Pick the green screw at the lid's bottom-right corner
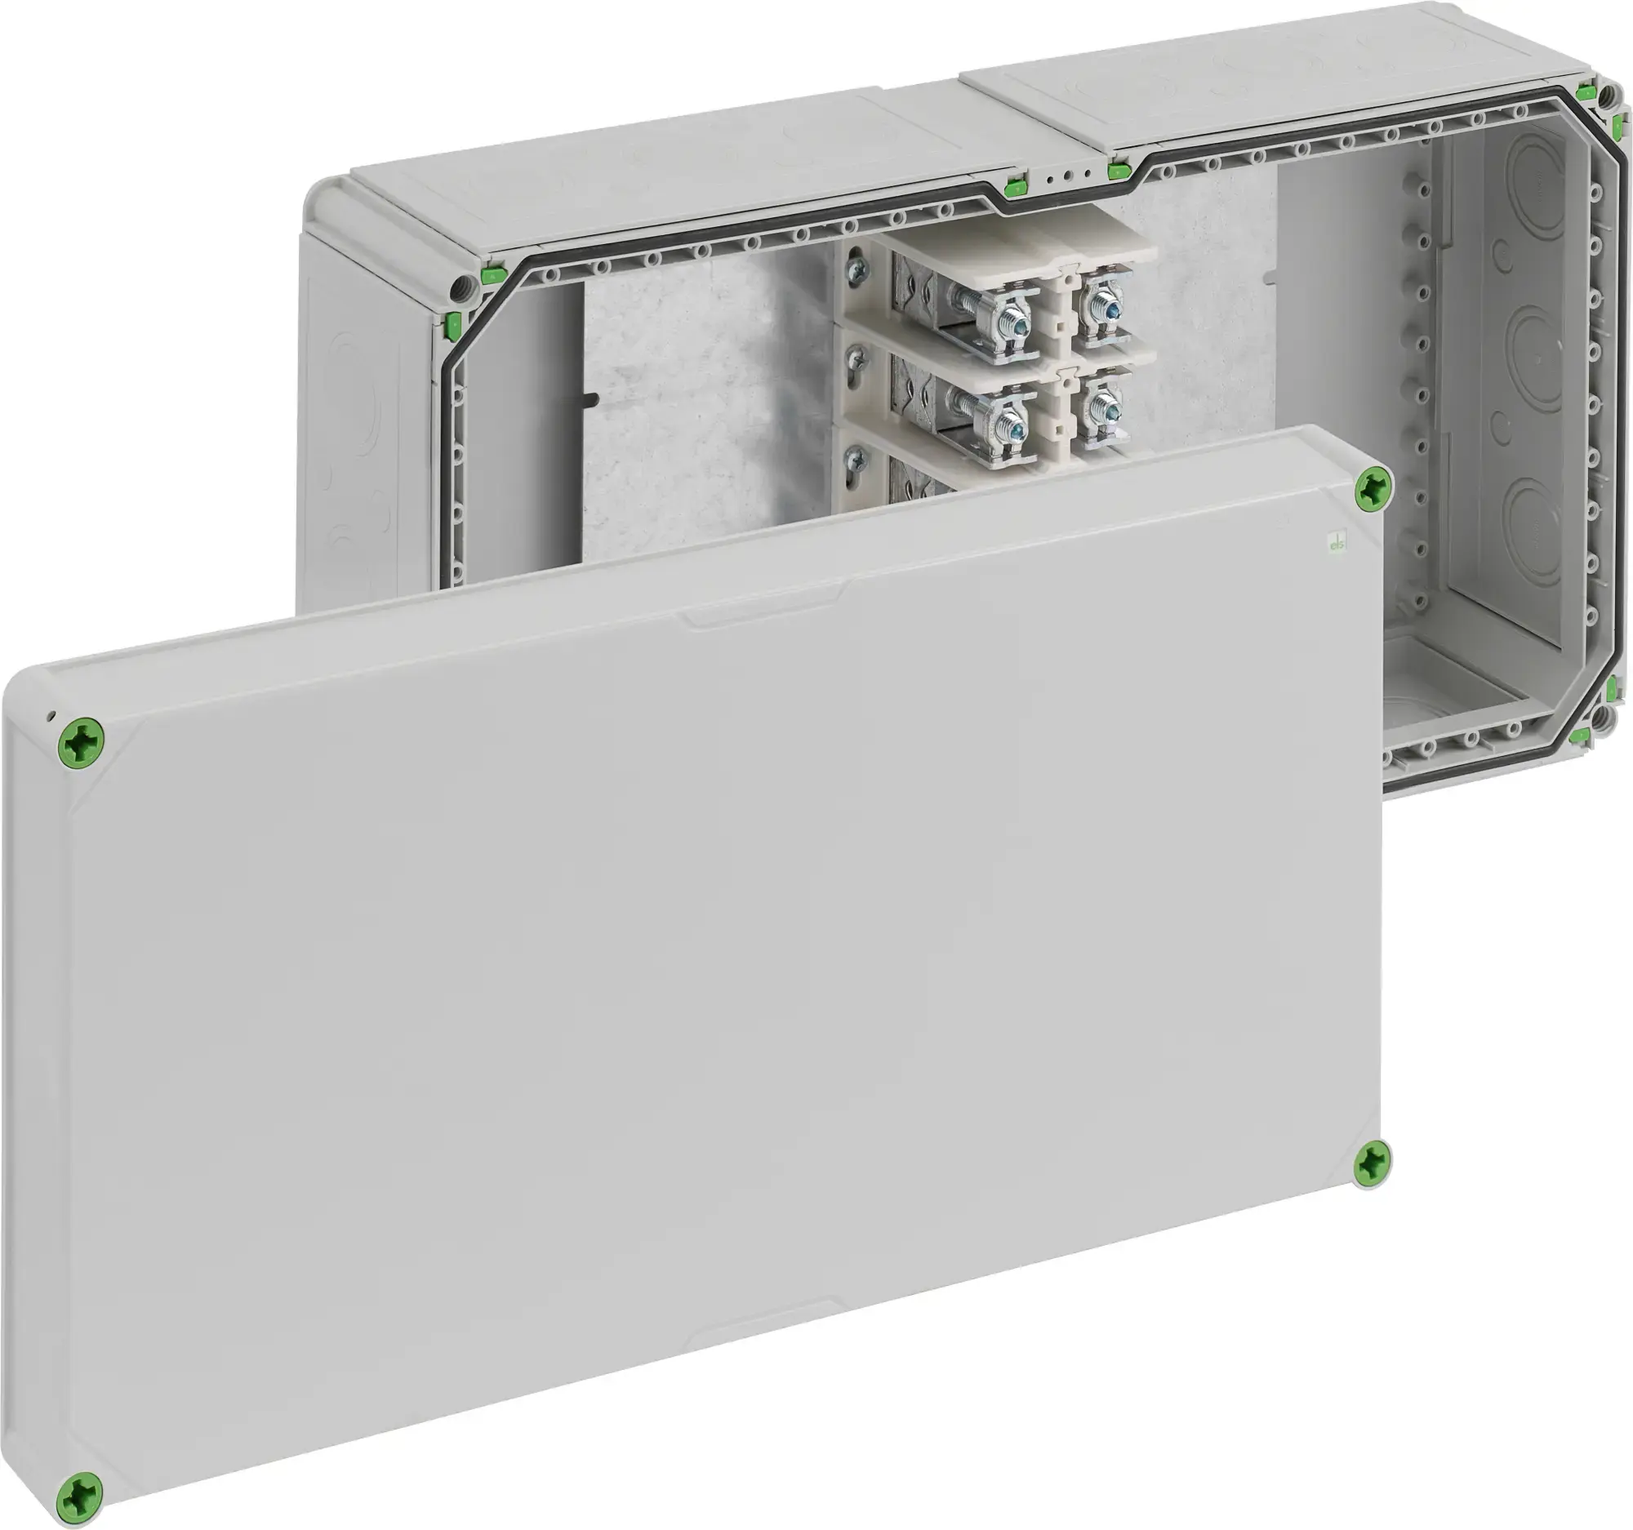tap(1373, 1160)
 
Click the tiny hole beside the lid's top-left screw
tap(51, 715)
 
